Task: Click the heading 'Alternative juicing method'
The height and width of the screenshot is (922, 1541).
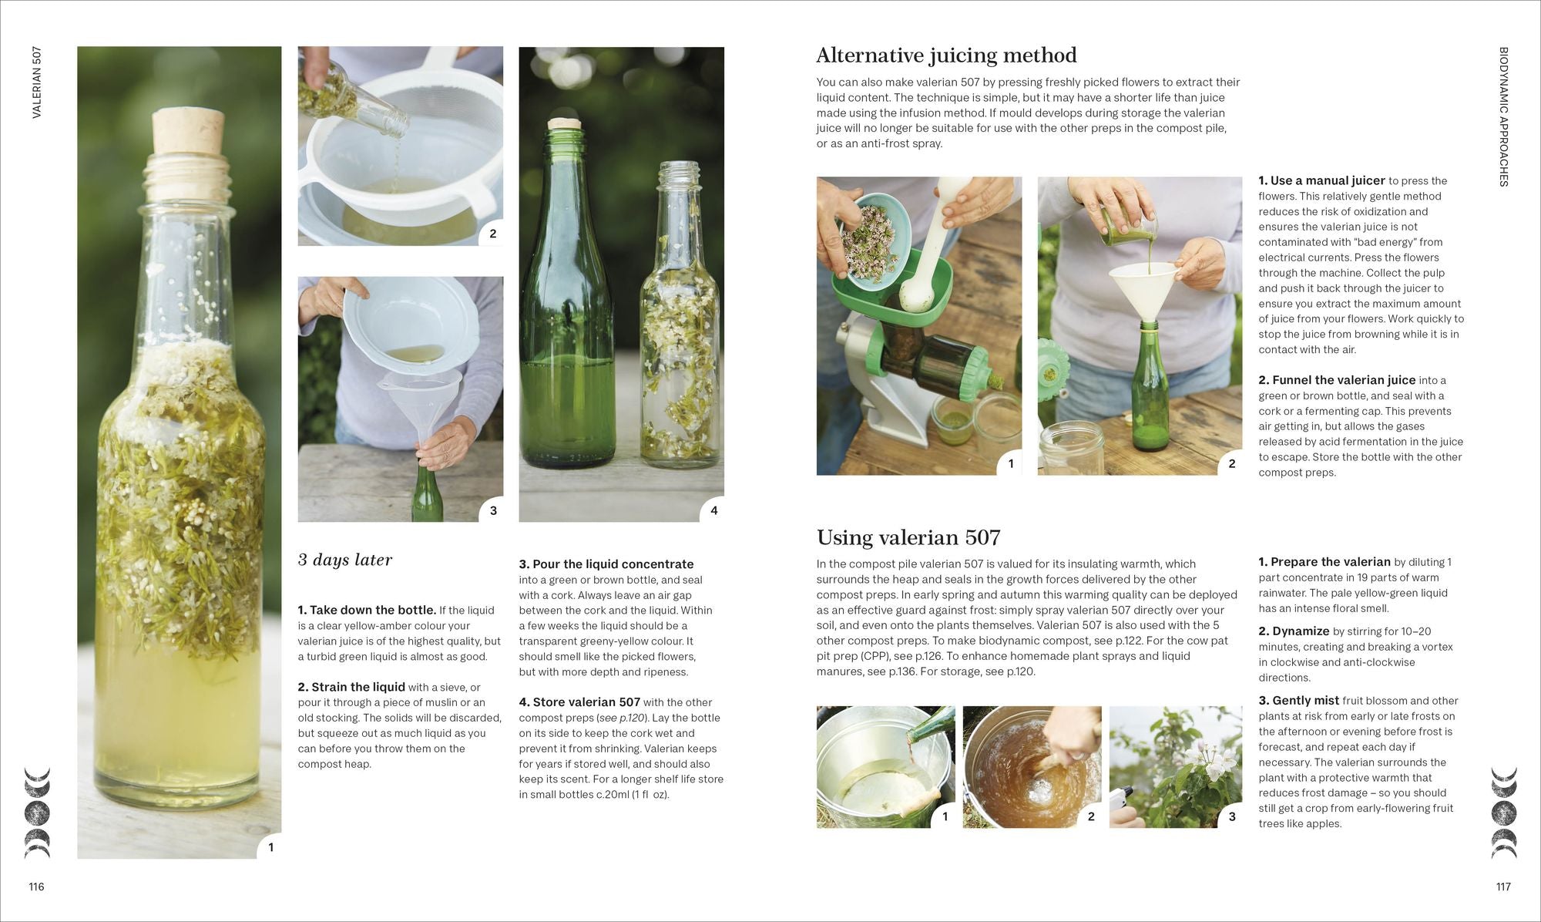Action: [x=946, y=56]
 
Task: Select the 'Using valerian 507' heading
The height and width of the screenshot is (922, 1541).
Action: [x=908, y=537]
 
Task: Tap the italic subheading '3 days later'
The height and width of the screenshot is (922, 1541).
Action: [x=345, y=560]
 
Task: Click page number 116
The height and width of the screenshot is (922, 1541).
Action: [x=36, y=887]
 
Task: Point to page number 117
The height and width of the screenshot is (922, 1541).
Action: [x=1503, y=887]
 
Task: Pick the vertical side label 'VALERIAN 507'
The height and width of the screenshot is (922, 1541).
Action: [x=37, y=82]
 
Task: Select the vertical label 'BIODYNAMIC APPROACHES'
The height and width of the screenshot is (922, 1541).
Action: [x=1503, y=116]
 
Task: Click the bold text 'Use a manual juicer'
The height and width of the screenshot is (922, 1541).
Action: [x=1328, y=180]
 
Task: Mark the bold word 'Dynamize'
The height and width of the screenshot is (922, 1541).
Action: [x=1301, y=631]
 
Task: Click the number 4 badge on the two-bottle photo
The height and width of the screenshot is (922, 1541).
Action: [x=713, y=510]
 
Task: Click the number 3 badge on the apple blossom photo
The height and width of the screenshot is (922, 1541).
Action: [x=1231, y=816]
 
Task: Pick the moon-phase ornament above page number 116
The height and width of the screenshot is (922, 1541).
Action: [x=37, y=813]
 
